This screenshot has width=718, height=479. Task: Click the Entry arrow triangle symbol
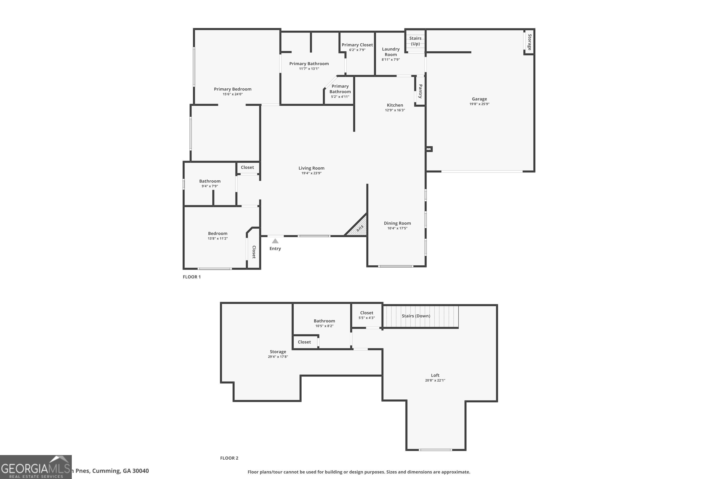pos(275,241)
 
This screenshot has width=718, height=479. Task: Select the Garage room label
pos(479,99)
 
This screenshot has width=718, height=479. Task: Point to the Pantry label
pos(420,91)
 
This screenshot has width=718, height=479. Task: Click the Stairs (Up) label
pos(415,41)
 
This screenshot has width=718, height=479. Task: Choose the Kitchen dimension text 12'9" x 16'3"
pos(395,110)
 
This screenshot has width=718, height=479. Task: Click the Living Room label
pos(311,168)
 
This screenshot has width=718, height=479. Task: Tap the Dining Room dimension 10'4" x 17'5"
pos(397,228)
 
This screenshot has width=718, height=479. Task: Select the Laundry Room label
pos(390,52)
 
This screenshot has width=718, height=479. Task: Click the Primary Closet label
pos(357,45)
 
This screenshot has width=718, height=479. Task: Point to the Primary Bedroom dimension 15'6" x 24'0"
pos(232,94)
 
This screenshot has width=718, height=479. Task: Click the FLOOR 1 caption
pos(192,277)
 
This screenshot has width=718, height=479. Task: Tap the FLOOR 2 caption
pos(229,458)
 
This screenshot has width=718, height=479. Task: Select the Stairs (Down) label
pos(416,316)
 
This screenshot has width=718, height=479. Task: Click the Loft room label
pos(435,375)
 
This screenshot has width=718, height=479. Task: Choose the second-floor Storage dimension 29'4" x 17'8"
pos(278,357)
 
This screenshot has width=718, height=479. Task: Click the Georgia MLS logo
pos(36,467)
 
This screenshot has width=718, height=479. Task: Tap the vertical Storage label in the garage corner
pos(530,42)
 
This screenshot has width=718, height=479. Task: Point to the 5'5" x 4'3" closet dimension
pos(366,318)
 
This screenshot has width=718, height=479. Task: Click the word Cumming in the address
pos(106,471)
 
